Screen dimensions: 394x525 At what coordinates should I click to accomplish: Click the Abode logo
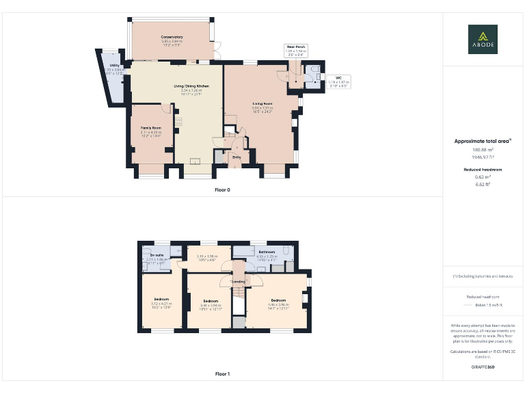483,39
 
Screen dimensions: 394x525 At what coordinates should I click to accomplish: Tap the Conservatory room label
172,37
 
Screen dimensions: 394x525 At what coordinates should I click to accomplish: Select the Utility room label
113,66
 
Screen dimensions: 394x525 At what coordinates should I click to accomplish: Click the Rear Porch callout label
296,47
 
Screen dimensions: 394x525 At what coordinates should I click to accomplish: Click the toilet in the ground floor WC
315,70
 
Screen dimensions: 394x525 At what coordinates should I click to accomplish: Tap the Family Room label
150,128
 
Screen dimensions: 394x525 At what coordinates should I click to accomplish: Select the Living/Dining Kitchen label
191,86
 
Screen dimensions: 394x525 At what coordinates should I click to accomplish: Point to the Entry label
237,157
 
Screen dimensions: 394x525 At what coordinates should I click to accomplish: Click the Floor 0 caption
222,189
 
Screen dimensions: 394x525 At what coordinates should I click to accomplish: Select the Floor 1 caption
222,374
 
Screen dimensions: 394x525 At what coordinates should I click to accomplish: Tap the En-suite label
156,255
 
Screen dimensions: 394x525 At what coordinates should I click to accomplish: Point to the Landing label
239,282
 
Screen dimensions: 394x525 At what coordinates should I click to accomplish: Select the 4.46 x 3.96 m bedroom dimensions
278,305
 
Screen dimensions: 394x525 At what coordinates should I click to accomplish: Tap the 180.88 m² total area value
483,149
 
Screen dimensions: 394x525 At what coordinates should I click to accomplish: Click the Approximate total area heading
483,141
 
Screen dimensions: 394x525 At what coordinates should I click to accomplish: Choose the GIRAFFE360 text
483,367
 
